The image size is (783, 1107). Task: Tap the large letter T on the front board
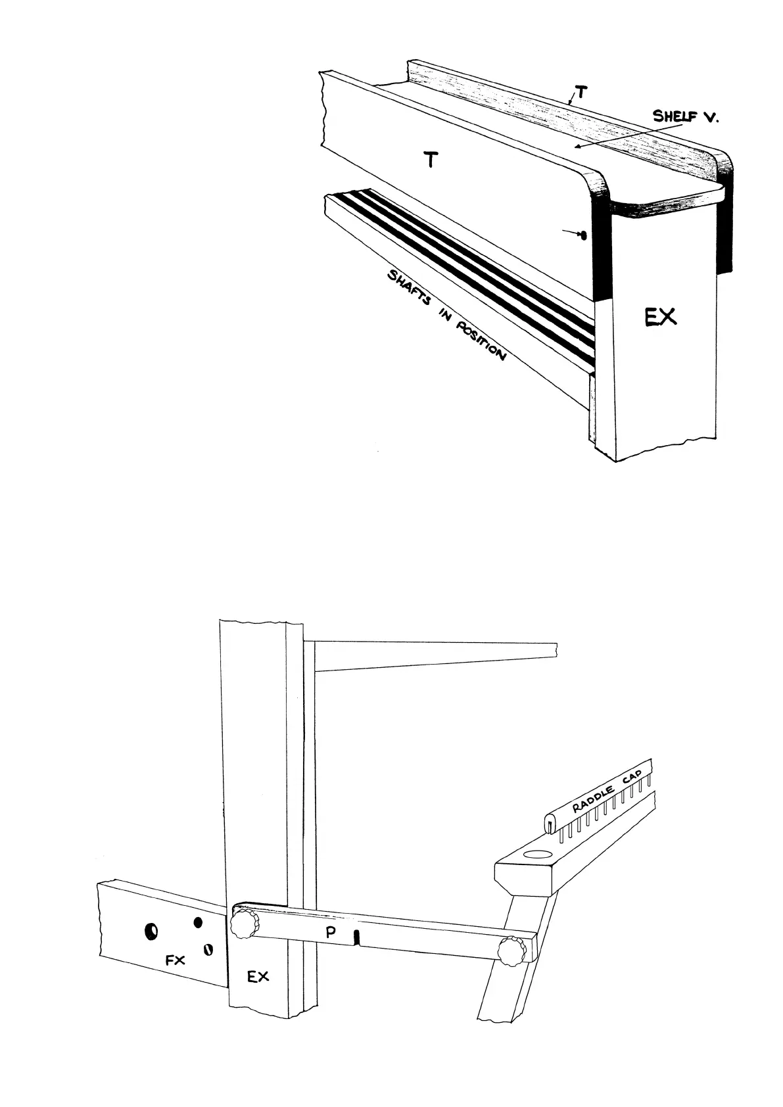click(431, 159)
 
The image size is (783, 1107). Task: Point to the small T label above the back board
click(580, 93)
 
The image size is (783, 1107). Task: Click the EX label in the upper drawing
click(659, 318)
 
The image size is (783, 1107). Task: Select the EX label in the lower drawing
click(258, 977)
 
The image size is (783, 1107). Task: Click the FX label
click(175, 960)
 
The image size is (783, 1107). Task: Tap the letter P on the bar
click(331, 932)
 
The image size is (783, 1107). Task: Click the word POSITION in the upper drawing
click(482, 342)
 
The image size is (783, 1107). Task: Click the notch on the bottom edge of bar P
click(356, 938)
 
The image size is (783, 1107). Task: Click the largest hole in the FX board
click(151, 931)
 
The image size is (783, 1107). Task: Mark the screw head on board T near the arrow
click(582, 235)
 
